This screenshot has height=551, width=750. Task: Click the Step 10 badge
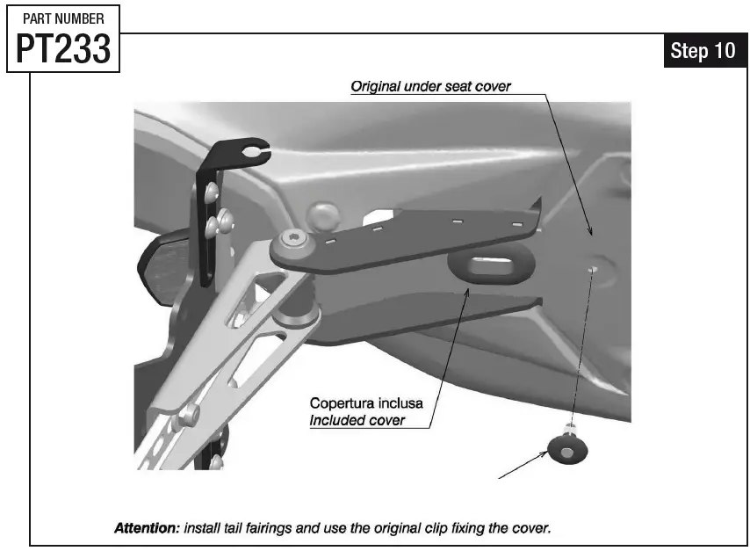coord(703,51)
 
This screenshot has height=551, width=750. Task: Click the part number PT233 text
coord(64,51)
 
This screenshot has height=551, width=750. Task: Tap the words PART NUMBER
coord(63,18)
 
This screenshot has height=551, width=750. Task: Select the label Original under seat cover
coord(430,87)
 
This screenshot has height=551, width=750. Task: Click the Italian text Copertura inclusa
coord(366,403)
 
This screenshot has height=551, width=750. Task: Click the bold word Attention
coord(147,529)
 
